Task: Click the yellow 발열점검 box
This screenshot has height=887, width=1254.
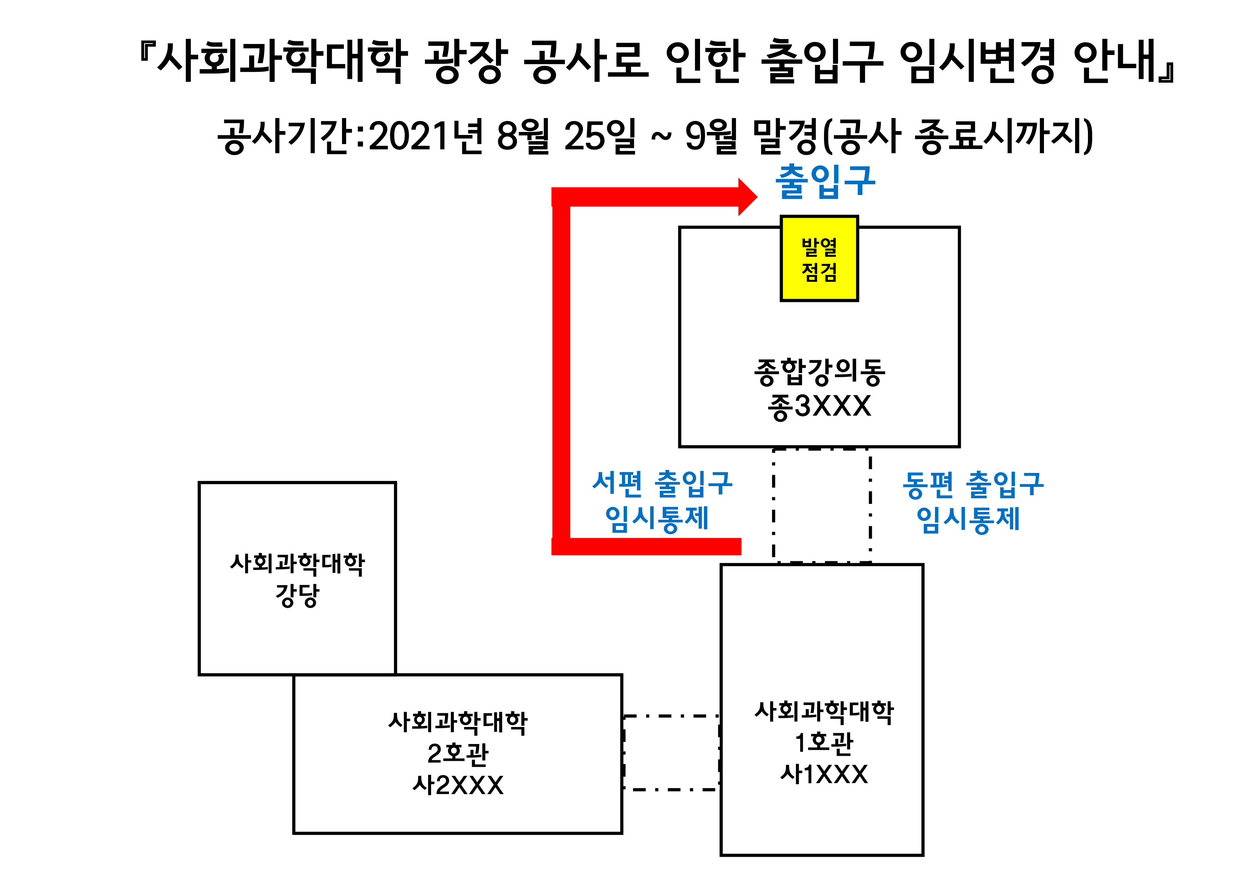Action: click(819, 258)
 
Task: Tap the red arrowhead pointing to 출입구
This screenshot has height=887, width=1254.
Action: click(747, 196)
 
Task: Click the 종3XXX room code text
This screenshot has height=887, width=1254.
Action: click(819, 407)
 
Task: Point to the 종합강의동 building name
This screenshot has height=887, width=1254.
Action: click(819, 372)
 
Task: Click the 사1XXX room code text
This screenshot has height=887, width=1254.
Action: click(824, 774)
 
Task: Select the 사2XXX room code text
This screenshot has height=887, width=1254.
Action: click(458, 785)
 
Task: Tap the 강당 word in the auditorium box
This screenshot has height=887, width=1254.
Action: click(297, 595)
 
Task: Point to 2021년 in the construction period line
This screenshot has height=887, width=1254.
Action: click(425, 136)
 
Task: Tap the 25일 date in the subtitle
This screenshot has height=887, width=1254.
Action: click(600, 136)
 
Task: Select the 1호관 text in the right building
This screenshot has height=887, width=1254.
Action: click(824, 743)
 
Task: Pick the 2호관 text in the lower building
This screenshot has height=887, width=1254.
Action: click(458, 754)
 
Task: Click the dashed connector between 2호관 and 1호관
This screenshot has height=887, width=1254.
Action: click(671, 753)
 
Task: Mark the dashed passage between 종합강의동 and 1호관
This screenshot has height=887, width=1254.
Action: click(821, 505)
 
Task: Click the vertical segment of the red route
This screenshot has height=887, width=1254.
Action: click(561, 371)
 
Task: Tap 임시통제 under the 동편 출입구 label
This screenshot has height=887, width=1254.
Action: click(968, 519)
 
